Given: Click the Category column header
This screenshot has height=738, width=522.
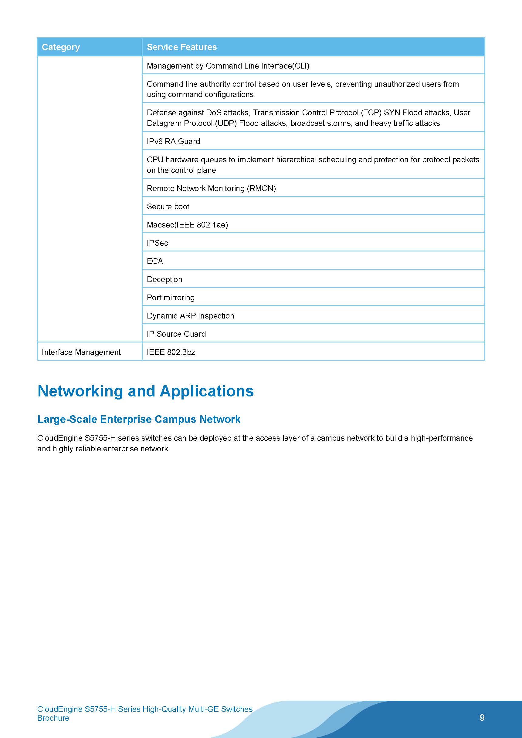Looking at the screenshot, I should click(x=61, y=47).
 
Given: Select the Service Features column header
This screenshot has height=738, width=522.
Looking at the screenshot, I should click(x=182, y=47).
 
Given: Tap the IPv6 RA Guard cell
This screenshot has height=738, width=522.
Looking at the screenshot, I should click(x=173, y=141).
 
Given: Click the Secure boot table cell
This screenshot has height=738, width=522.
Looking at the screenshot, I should click(x=168, y=207).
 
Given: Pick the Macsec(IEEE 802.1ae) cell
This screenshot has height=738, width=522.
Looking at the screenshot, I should click(x=187, y=225).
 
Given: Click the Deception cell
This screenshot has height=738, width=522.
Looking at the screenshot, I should click(x=164, y=279).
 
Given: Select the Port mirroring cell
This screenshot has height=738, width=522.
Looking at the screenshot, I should click(x=171, y=298).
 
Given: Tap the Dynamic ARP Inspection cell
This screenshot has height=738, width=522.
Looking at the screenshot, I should click(x=190, y=316).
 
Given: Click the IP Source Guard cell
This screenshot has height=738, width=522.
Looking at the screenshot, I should click(x=176, y=334).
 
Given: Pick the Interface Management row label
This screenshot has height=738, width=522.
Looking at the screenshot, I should click(x=81, y=352).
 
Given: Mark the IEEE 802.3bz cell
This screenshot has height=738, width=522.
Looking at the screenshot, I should click(x=171, y=352).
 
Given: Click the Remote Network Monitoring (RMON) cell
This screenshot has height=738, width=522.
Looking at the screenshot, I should click(x=211, y=188).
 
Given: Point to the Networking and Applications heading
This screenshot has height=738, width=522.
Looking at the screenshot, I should click(x=145, y=391).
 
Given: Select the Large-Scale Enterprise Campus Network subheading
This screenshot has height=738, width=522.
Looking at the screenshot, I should click(x=139, y=419).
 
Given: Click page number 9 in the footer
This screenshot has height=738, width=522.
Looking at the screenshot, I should click(x=482, y=717).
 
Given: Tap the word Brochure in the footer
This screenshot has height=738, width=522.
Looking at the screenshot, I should click(x=53, y=718).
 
